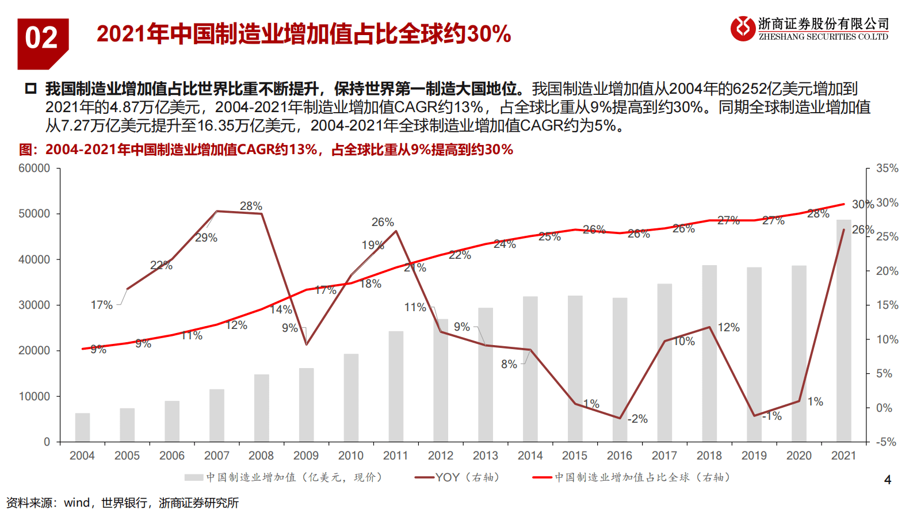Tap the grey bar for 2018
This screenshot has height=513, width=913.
click(709, 354)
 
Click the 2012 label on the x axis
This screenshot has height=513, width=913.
click(441, 455)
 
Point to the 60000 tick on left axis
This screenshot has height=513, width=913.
click(35, 169)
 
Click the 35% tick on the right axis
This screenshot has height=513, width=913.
click(887, 169)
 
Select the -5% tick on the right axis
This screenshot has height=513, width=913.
click(886, 442)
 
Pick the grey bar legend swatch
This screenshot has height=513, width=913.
click(194, 477)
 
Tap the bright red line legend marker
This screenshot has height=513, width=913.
click(542, 477)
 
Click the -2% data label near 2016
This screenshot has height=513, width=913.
click(637, 419)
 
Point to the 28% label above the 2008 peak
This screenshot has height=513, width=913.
click(251, 206)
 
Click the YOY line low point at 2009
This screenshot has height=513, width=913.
click(307, 344)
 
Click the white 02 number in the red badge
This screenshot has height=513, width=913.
click(41, 39)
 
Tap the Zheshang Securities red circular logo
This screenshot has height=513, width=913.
click(743, 28)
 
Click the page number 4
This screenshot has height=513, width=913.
click(887, 480)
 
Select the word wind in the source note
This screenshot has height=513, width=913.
click(77, 503)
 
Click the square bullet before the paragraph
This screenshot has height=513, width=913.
click(30, 89)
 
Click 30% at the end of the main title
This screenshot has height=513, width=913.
click(488, 34)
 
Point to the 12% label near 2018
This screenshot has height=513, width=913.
click(728, 327)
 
